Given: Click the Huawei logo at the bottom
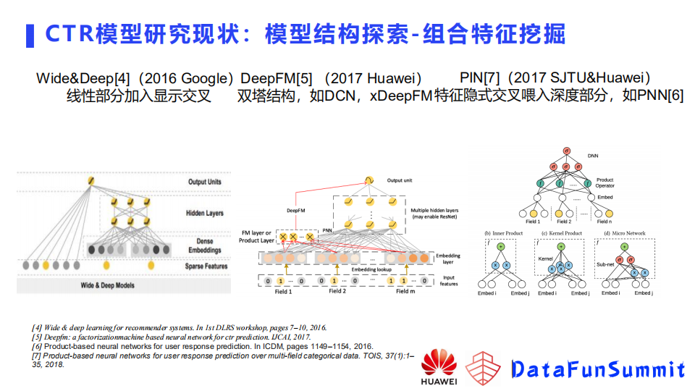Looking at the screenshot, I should pyautogui.click(x=439, y=366).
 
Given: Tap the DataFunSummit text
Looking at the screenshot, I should pyautogui.click(x=598, y=370).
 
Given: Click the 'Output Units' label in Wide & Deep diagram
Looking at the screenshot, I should pyautogui.click(x=205, y=182).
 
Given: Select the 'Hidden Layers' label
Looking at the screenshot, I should pyautogui.click(x=205, y=213).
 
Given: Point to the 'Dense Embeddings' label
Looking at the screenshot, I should pyautogui.click(x=205, y=245).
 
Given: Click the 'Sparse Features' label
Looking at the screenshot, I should pyautogui.click(x=206, y=266).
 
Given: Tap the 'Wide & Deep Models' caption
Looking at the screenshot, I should pyautogui.click(x=107, y=285).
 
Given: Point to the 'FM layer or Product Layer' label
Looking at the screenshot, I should pyautogui.click(x=256, y=236).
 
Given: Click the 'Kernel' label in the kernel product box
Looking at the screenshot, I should pyautogui.click(x=545, y=258).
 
